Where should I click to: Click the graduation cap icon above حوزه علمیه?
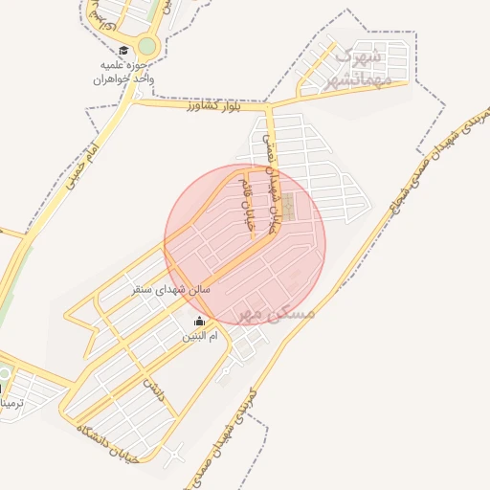tap(122, 51)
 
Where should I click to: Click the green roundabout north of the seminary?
tap(146, 45)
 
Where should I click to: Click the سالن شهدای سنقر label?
tap(172, 288)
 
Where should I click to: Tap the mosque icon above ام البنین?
tap(199, 322)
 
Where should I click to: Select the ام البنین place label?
tap(201, 338)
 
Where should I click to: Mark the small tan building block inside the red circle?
tap(287, 208)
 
